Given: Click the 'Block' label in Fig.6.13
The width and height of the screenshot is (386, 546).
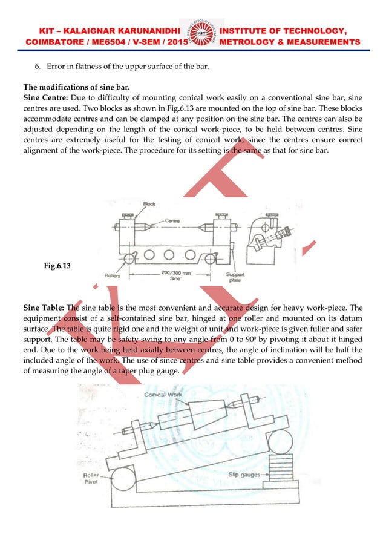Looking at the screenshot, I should pyautogui.click(x=149, y=205).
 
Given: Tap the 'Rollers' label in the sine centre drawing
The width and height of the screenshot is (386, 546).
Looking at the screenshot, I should pyautogui.click(x=113, y=274).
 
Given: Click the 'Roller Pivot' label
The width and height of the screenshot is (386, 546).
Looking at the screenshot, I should pyautogui.click(x=92, y=478).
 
